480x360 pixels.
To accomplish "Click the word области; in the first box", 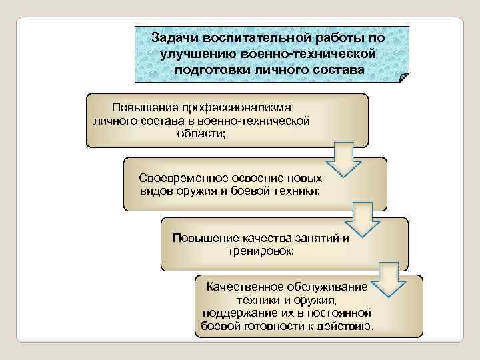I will pos(201,133).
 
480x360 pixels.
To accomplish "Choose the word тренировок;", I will pos(260,251).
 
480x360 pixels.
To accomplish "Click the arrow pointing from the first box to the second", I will pos(342,158).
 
